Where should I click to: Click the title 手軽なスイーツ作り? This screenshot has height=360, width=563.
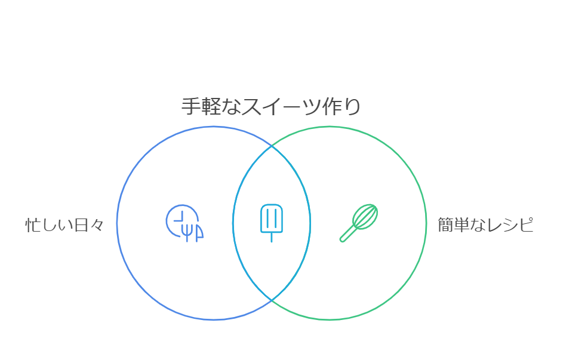(270, 107)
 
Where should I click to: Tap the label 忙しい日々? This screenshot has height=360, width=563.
(64, 225)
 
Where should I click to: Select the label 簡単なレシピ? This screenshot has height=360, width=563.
(485, 225)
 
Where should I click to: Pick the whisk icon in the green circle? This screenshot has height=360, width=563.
(359, 223)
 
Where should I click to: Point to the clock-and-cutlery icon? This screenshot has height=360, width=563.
(184, 223)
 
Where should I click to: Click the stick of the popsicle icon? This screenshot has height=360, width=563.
(272, 237)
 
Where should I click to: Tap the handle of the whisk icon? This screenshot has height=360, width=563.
(347, 235)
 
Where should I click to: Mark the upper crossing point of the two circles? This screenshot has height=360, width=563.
(272, 145)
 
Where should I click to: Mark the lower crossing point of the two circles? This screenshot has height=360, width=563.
(272, 300)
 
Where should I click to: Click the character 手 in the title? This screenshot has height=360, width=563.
(190, 107)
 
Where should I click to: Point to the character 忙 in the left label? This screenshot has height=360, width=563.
(32, 225)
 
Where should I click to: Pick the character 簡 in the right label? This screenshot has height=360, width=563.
(446, 225)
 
